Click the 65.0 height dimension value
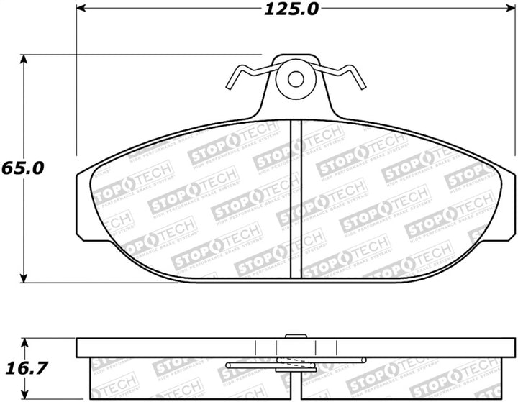point(24,168)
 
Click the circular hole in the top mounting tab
point(295,78)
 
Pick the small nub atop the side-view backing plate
point(295,335)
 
